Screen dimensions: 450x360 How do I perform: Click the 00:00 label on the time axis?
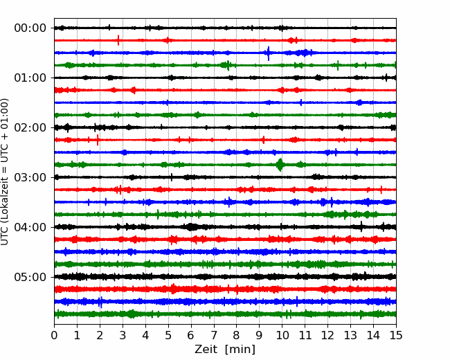[30, 28]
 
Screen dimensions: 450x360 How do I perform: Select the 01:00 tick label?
[30, 78]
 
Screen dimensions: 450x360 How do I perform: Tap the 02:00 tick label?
[30, 127]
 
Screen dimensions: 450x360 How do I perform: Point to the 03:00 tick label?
[30, 177]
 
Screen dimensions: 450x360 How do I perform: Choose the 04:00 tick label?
[30, 227]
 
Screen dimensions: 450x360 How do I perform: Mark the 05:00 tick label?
[30, 277]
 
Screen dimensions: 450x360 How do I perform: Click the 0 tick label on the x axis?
[54, 335]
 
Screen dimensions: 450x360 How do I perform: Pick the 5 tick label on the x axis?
[168, 335]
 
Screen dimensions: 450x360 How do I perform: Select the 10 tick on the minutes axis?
[282, 335]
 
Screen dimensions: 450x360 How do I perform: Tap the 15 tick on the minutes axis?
[396, 335]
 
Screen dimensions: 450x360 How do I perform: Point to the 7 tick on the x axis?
[214, 335]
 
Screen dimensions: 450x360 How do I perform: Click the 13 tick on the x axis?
[350, 335]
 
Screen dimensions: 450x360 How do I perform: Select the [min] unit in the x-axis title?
[240, 350]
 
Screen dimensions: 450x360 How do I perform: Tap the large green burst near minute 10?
[280, 165]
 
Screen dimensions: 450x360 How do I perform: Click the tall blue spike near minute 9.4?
[269, 53]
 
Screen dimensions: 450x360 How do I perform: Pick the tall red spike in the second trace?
[118, 40]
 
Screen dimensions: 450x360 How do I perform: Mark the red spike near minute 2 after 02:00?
[98, 140]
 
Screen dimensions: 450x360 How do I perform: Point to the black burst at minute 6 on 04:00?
[191, 227]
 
